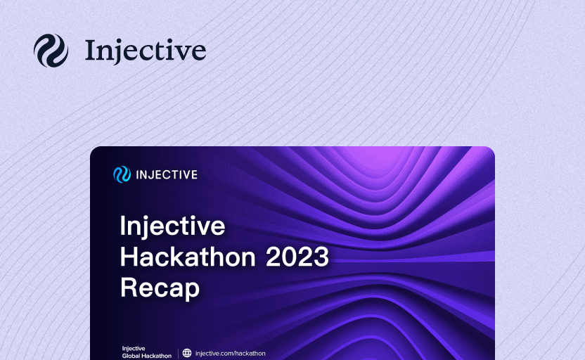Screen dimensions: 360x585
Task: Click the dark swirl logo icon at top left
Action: [51, 51]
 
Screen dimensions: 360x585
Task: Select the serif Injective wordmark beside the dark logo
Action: [146, 51]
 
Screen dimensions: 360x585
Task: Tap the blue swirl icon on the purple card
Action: [122, 174]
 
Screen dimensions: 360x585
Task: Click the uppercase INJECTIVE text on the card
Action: [167, 174]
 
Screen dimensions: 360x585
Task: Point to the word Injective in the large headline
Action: [172, 226]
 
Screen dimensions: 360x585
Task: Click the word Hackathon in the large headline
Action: [188, 257]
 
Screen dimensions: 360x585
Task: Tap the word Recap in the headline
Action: [160, 288]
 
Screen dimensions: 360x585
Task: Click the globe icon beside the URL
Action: [187, 353]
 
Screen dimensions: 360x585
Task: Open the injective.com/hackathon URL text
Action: [230, 353]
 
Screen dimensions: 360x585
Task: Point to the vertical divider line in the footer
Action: [178, 353]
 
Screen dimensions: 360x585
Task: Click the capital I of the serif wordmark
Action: [90, 51]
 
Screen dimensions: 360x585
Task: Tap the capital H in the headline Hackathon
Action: [129, 257]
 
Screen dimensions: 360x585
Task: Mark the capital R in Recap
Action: [129, 288]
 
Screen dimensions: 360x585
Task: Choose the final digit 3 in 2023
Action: [321, 257]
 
